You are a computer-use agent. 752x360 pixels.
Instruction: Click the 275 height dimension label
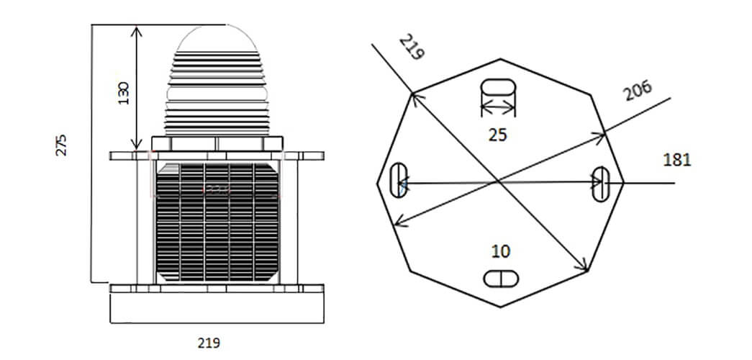tap(61, 145)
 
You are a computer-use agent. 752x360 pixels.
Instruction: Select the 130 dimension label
tap(124, 93)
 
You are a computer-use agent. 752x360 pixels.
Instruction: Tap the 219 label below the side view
tap(209, 343)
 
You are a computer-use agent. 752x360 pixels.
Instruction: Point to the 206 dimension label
tap(638, 90)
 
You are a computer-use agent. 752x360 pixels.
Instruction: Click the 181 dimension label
tap(677, 160)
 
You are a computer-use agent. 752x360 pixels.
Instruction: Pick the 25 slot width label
tap(497, 135)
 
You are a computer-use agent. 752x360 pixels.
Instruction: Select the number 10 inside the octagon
tap(501, 251)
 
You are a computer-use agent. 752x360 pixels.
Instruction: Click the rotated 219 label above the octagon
tap(412, 47)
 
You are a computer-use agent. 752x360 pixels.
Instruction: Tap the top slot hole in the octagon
tap(498, 87)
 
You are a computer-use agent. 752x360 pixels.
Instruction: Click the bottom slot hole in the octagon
tap(501, 279)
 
